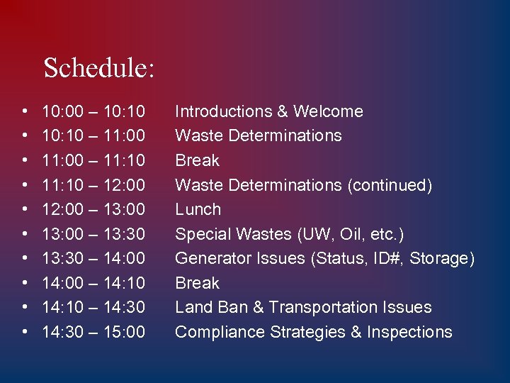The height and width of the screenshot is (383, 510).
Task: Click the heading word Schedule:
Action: click(x=98, y=69)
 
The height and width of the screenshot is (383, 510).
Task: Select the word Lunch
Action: click(x=198, y=209)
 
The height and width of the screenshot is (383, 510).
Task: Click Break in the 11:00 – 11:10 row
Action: click(x=197, y=160)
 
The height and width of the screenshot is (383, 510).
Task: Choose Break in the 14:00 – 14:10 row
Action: click(x=197, y=283)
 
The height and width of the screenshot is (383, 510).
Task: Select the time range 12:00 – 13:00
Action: click(x=93, y=209)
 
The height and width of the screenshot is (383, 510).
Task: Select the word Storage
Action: click(x=443, y=258)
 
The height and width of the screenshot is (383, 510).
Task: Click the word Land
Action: click(x=191, y=307)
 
